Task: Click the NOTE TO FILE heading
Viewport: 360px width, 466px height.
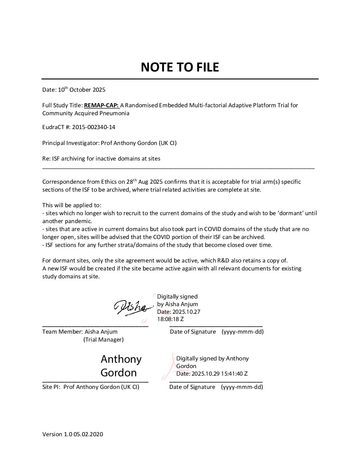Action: pos(180,67)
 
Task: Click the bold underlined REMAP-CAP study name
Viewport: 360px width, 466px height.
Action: pos(101,106)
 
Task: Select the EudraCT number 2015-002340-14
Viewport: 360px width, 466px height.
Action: pos(94,127)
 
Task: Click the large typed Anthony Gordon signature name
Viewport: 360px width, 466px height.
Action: pos(121,366)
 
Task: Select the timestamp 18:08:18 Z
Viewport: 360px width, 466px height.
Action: pos(170,319)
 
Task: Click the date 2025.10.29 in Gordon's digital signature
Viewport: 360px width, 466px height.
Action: pos(203,374)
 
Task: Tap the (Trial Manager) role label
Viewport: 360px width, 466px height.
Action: pos(104,340)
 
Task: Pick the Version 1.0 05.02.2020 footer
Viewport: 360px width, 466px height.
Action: pos(72,434)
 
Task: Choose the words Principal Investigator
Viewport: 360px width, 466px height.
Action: pos(70,143)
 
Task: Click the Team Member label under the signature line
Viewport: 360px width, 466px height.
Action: pos(62,332)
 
